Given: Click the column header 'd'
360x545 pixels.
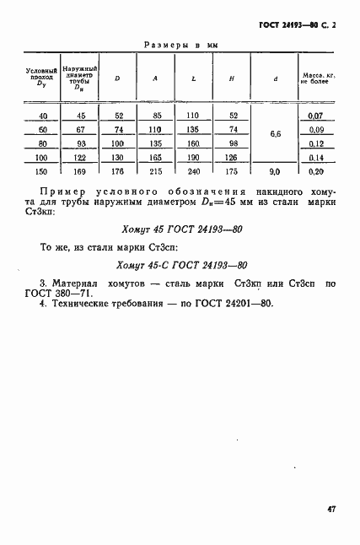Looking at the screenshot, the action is tap(276, 78).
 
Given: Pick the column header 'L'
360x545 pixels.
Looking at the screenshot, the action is tap(194, 78).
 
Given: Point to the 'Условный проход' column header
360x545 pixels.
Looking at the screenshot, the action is tap(41, 78).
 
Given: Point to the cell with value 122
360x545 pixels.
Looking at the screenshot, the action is tap(81, 158).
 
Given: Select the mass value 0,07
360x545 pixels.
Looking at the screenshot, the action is tap(317, 116).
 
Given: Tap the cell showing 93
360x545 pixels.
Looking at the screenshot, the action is tap(81, 143).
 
